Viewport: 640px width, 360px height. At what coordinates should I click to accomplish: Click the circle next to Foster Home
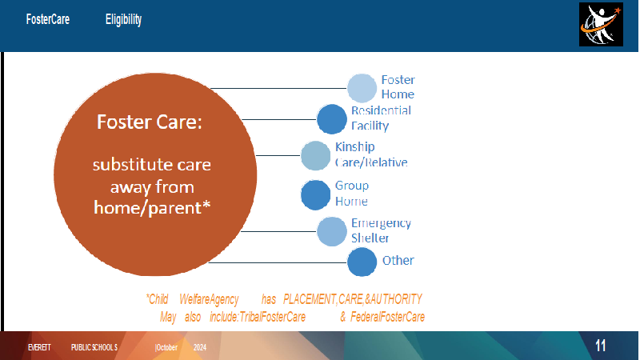click(x=362, y=88)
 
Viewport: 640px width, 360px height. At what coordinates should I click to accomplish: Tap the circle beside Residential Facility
click(x=332, y=119)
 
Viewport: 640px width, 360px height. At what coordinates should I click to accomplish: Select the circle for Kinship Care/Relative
click(x=315, y=155)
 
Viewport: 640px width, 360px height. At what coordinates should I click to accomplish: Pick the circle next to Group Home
click(x=315, y=195)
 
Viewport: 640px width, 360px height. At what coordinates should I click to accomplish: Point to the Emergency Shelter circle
click(x=332, y=231)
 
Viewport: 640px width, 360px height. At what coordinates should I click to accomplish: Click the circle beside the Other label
click(x=362, y=262)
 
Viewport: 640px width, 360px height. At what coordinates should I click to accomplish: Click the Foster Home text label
click(x=398, y=87)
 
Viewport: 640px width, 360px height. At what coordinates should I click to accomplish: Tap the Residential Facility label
click(x=382, y=118)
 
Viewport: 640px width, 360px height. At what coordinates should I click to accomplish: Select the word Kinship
click(x=354, y=147)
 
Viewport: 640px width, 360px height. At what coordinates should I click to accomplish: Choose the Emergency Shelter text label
click(x=382, y=230)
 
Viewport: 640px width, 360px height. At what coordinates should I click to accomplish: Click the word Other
click(x=398, y=261)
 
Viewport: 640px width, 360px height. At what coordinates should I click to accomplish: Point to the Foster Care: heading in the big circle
click(x=150, y=122)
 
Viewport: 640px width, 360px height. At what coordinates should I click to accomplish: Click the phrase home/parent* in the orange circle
click(x=152, y=208)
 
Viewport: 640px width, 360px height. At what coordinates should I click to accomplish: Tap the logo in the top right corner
click(x=601, y=25)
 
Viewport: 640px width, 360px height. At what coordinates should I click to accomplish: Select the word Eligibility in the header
click(x=123, y=19)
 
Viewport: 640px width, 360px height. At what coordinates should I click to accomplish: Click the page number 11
click(x=601, y=346)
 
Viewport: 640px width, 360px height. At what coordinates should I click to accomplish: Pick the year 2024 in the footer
click(x=199, y=347)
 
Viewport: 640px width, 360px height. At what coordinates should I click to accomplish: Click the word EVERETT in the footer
click(x=39, y=347)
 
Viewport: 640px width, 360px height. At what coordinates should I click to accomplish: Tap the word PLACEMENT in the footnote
click(x=310, y=299)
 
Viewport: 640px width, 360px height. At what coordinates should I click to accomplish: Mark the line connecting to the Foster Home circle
click(x=278, y=88)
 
